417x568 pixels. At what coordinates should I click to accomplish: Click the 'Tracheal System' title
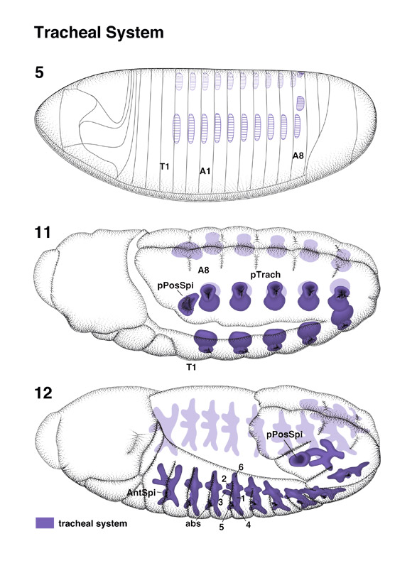click(x=99, y=33)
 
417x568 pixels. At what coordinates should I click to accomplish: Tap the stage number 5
click(x=39, y=72)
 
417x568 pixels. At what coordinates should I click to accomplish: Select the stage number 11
click(x=43, y=232)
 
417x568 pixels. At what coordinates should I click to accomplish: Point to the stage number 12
click(x=43, y=393)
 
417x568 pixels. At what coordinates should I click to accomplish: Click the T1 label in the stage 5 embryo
click(x=165, y=167)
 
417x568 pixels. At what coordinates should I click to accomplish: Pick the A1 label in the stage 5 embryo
click(x=205, y=171)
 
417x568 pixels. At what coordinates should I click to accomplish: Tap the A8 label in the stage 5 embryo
click(x=298, y=155)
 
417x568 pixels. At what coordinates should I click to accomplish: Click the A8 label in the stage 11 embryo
click(x=203, y=270)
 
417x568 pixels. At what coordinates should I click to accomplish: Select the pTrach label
click(x=266, y=275)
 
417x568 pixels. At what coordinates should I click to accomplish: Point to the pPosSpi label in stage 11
click(x=175, y=285)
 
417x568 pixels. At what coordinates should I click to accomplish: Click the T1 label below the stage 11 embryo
click(x=191, y=367)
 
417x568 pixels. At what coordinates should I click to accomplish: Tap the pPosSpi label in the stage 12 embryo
click(x=284, y=435)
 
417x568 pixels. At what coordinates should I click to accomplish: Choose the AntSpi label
click(x=141, y=493)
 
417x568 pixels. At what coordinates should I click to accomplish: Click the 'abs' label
click(x=193, y=523)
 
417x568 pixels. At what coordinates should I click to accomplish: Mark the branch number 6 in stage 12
click(x=241, y=467)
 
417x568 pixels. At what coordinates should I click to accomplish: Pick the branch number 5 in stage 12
click(x=222, y=527)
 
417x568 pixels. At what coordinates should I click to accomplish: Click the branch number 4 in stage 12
click(x=248, y=524)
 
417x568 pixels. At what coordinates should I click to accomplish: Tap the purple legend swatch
click(x=45, y=523)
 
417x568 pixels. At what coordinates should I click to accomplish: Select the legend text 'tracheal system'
click(x=93, y=523)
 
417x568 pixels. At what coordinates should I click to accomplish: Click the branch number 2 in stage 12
click(x=224, y=479)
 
